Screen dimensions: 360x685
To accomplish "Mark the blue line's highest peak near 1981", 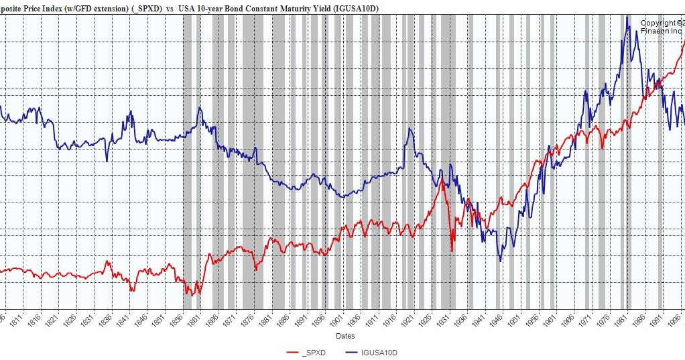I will click(627, 17).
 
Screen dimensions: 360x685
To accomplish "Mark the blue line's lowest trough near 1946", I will click(500, 260).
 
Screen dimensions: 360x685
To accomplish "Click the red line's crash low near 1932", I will click(452, 251).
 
